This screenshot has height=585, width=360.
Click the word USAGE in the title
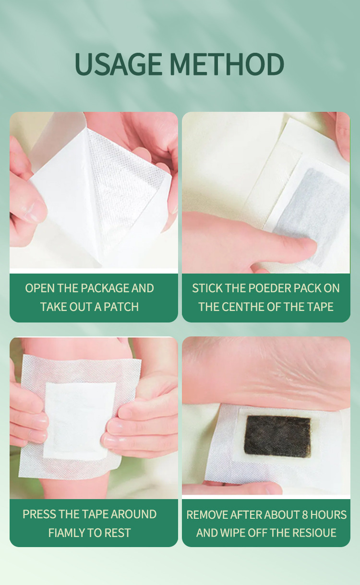[119, 64]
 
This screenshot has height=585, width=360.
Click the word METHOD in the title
[227, 64]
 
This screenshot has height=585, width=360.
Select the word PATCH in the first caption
[121, 307]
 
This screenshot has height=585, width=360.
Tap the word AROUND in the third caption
[133, 514]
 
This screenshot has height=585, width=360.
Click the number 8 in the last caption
[305, 515]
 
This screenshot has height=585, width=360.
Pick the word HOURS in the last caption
[328, 515]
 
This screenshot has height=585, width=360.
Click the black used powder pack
[277, 436]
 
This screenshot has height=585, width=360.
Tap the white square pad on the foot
[80, 421]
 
